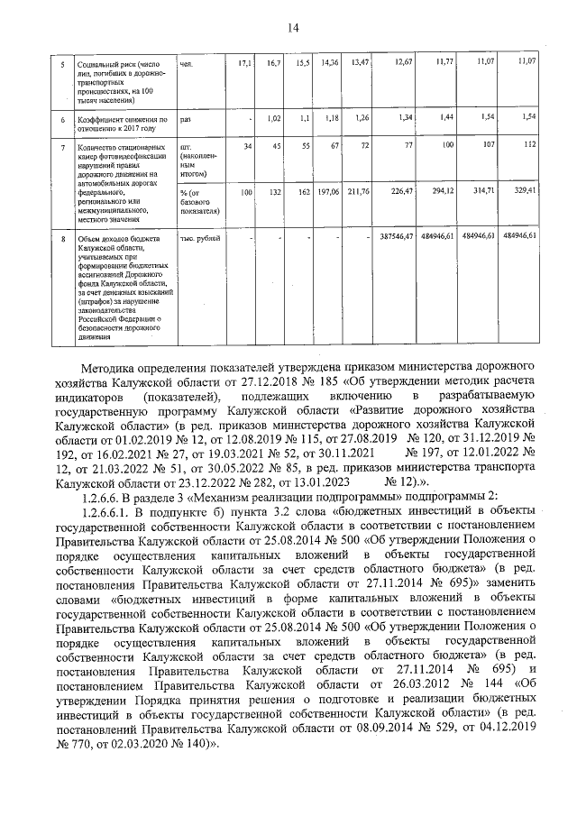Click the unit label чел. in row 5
click(187, 62)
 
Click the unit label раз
click(186, 118)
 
